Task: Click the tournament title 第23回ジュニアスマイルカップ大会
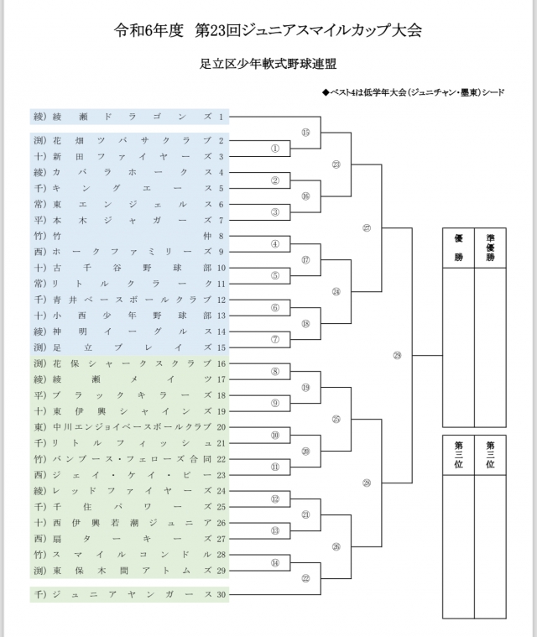coord(307,31)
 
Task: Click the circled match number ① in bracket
coord(274,149)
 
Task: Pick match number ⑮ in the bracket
coord(305,133)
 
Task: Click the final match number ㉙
coord(397,355)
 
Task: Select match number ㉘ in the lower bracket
coord(367,483)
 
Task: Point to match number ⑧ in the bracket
coord(274,371)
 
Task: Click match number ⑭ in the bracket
coord(274,562)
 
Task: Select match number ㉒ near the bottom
coord(305,578)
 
